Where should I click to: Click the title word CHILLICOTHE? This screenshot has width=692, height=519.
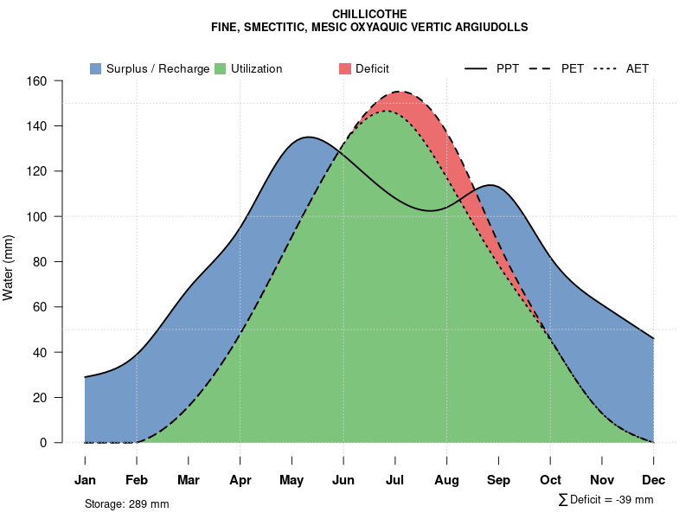click(369, 14)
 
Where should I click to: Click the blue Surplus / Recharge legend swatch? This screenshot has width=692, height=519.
click(95, 69)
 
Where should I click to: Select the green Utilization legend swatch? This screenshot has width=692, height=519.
click(220, 69)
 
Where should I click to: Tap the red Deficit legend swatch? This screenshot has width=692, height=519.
click(345, 69)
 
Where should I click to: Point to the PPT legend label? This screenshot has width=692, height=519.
click(508, 69)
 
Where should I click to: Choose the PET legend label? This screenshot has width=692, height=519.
click(572, 69)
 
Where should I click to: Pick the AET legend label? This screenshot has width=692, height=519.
click(638, 69)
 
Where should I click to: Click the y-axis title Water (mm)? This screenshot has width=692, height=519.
click(9, 267)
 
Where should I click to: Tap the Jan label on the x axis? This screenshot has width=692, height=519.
click(85, 480)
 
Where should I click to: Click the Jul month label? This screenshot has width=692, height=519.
click(395, 480)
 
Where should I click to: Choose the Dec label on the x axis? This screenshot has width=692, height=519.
click(654, 480)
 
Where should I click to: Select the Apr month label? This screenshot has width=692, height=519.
click(240, 480)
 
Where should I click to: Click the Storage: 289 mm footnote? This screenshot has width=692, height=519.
click(127, 503)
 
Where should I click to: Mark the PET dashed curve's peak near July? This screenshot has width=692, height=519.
click(398, 92)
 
